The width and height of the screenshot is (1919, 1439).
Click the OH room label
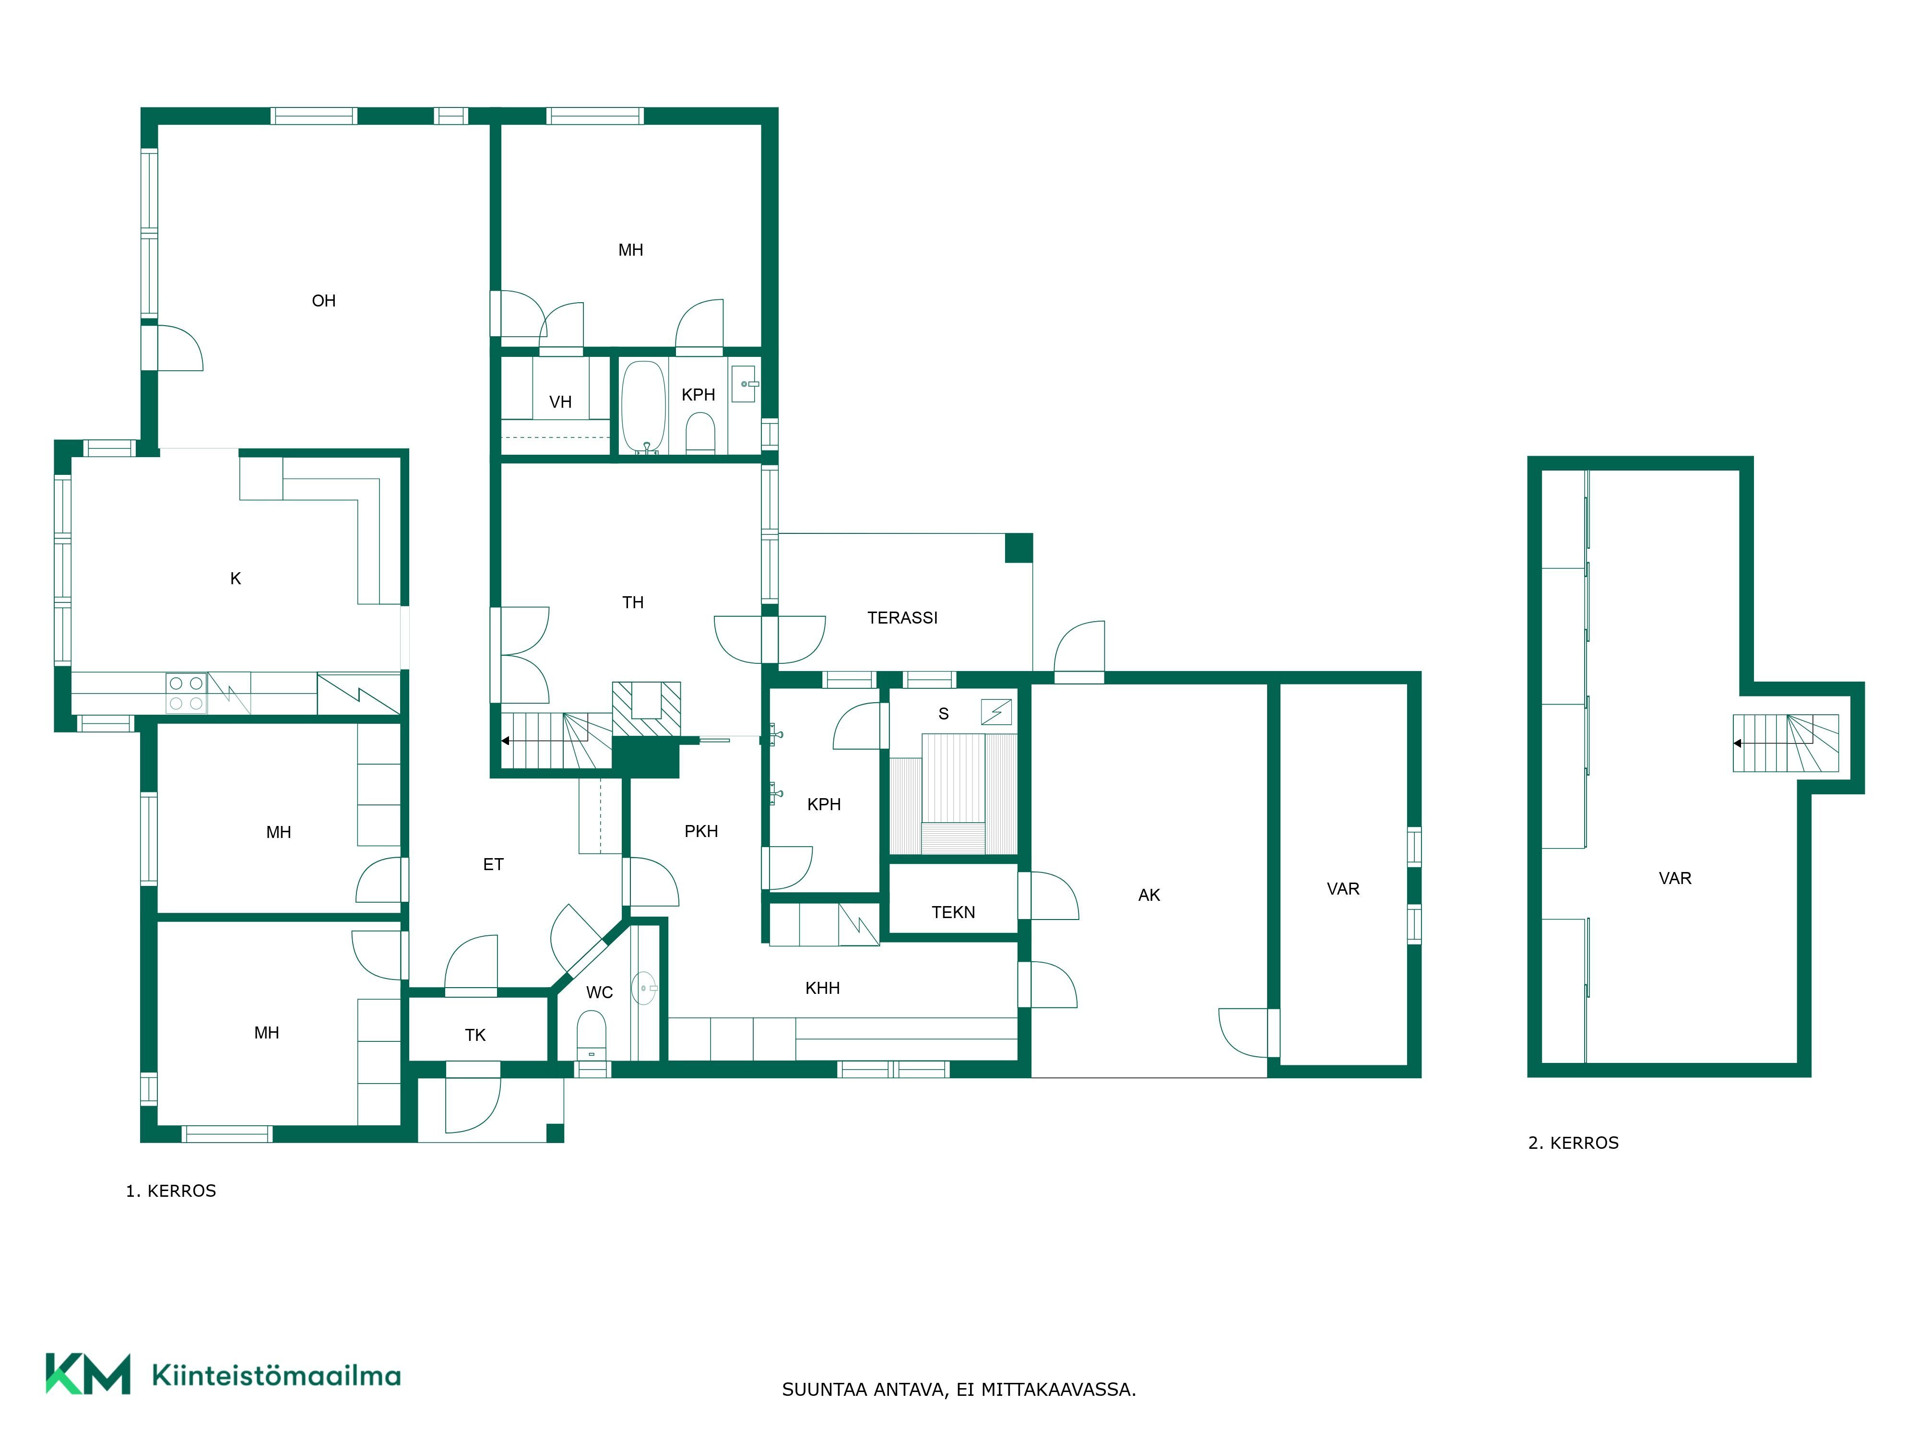[x=324, y=301]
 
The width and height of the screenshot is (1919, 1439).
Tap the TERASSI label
[x=902, y=618]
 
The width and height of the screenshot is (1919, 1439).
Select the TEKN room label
[x=953, y=912]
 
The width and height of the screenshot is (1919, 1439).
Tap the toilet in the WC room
[x=592, y=1035]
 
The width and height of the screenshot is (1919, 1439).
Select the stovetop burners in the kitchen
[x=186, y=693]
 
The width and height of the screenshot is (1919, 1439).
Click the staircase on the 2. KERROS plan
[x=1786, y=743]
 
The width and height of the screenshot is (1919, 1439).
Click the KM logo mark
[x=88, y=1374]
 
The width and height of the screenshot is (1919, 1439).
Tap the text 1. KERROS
[x=171, y=1191]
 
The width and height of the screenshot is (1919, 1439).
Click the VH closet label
[x=560, y=401]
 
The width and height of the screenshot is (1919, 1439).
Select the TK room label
[x=475, y=1035]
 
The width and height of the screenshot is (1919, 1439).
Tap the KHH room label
[x=822, y=988]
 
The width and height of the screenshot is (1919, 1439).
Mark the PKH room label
[x=701, y=831]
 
